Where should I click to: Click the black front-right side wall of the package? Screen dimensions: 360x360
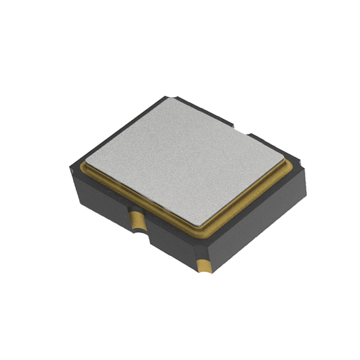coord(253,225)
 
